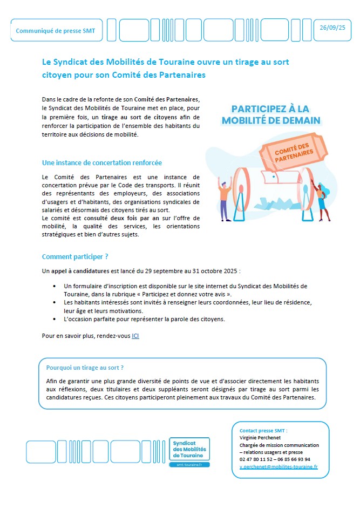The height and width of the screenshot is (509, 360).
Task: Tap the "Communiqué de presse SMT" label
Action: tap(55, 31)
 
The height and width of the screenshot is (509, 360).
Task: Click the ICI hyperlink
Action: tap(135, 336)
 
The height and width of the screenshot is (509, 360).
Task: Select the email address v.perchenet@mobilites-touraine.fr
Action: tap(279, 466)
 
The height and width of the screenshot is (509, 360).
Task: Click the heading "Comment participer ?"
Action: tap(71, 257)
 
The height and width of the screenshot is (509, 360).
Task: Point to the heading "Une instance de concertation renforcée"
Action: tap(102, 162)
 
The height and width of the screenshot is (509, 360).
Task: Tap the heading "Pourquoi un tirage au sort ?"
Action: tap(85, 368)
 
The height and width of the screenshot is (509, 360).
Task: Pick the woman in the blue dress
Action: tap(322, 202)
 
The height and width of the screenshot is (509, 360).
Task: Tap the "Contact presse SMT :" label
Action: tap(263, 431)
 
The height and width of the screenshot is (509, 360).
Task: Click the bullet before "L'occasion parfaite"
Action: tap(54, 319)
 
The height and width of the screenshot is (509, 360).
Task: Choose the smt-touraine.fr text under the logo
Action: tap(189, 465)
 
